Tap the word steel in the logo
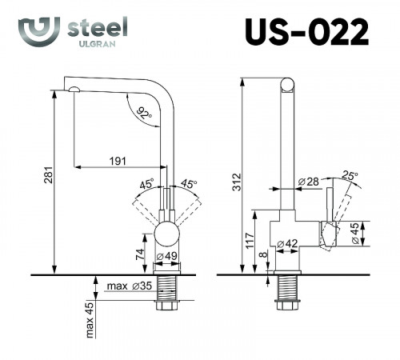(95, 26)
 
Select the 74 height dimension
(141, 254)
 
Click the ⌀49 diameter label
(166, 256)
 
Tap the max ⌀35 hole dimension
(133, 285)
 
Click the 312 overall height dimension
(234, 182)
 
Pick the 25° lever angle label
(349, 175)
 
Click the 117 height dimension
(251, 242)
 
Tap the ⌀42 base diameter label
(286, 243)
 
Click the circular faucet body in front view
(167, 235)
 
